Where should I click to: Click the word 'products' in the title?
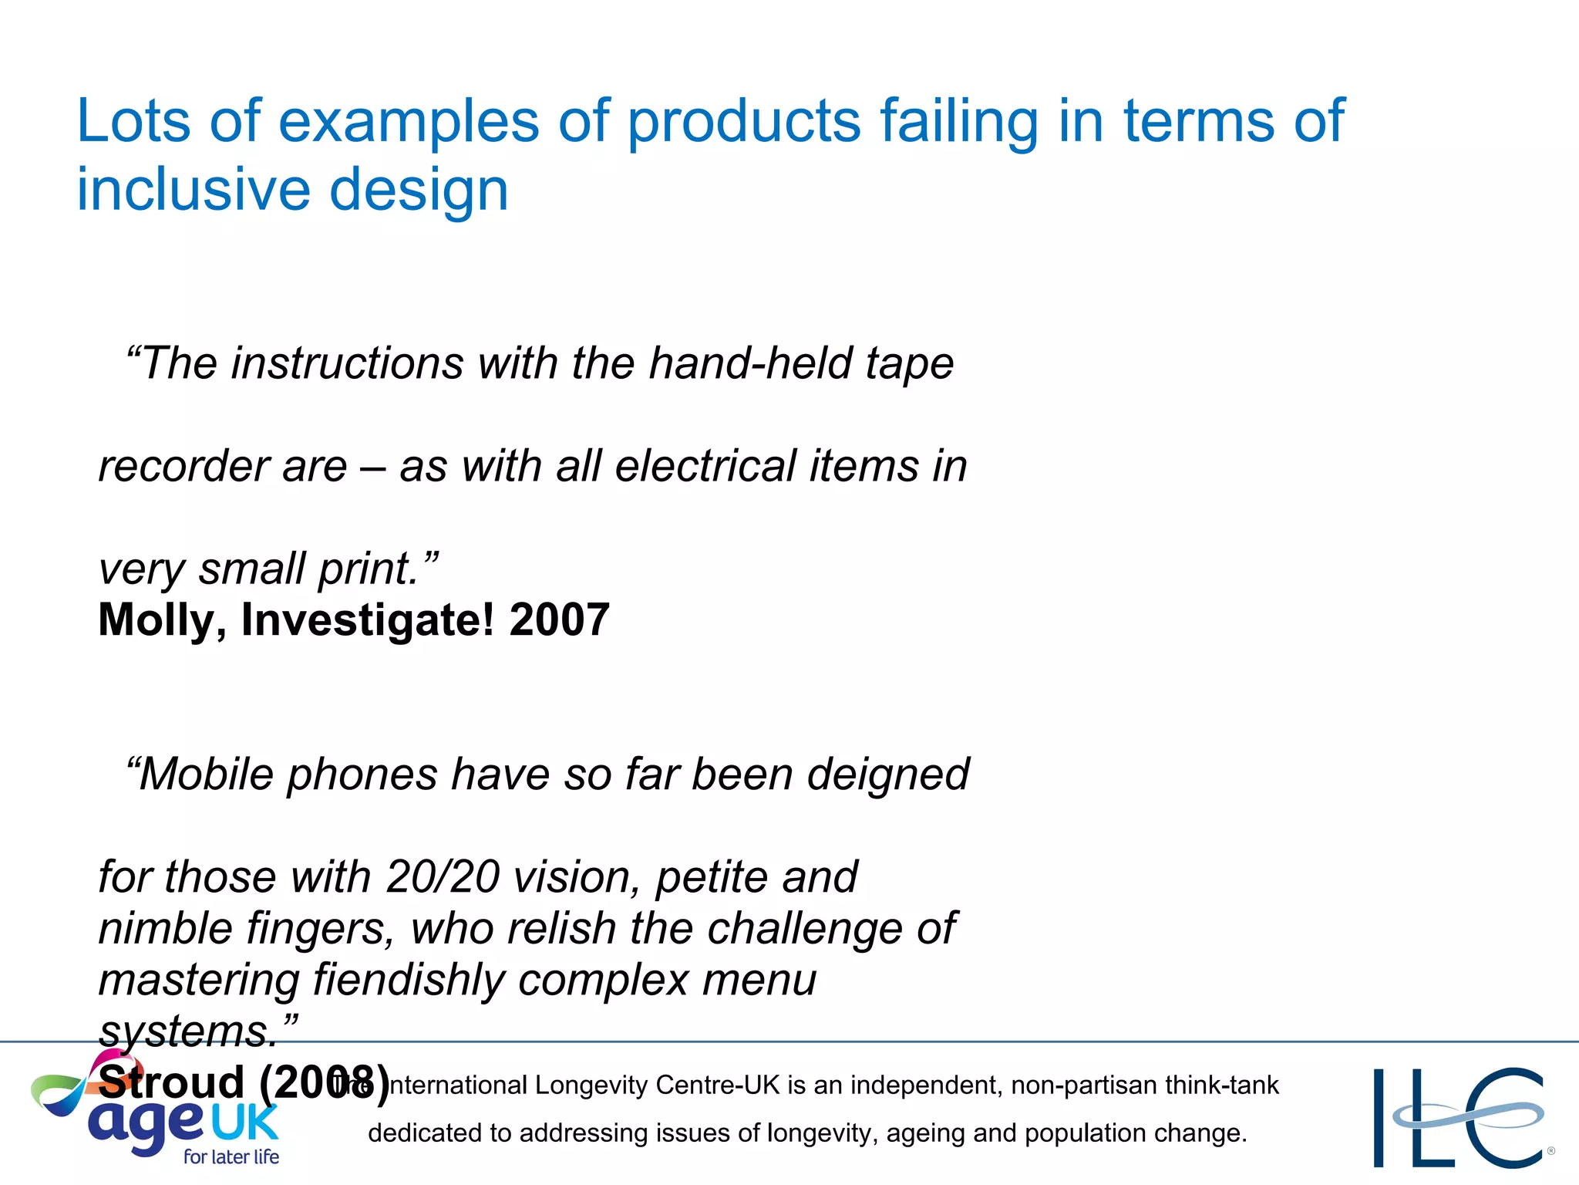744,122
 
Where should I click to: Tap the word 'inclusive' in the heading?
193,190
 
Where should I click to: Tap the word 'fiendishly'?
408,980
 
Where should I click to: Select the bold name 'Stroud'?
171,1082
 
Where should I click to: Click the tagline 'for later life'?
231,1156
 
